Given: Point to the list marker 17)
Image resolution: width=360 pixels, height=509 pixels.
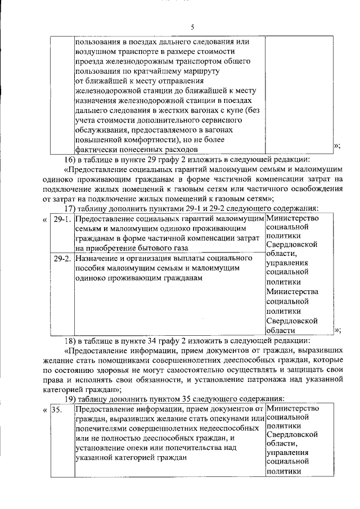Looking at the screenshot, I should tap(70, 208).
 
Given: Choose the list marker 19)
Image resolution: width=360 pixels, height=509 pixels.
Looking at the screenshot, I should tap(70, 398).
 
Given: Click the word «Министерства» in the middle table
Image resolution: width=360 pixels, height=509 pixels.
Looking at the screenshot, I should tap(292, 291).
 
